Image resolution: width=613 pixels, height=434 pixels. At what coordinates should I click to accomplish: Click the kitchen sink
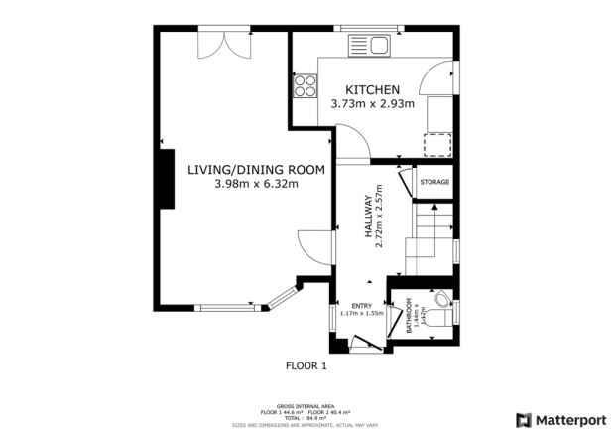369,44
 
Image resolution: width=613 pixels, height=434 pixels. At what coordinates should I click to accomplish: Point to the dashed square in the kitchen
435,145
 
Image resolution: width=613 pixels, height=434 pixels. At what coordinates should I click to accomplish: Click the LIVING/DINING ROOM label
256,169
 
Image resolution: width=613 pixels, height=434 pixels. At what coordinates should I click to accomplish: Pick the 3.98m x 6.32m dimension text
256,184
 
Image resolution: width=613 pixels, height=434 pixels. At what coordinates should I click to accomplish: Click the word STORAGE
434,183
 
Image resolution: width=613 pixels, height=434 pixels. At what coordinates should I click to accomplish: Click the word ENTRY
360,305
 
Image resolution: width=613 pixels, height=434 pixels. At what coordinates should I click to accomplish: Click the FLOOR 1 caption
306,365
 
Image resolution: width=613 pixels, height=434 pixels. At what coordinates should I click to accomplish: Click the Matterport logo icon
522,418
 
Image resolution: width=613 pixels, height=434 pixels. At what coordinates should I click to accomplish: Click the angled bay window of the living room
285,297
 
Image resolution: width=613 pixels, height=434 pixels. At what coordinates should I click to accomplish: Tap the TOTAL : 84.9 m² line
306,418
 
